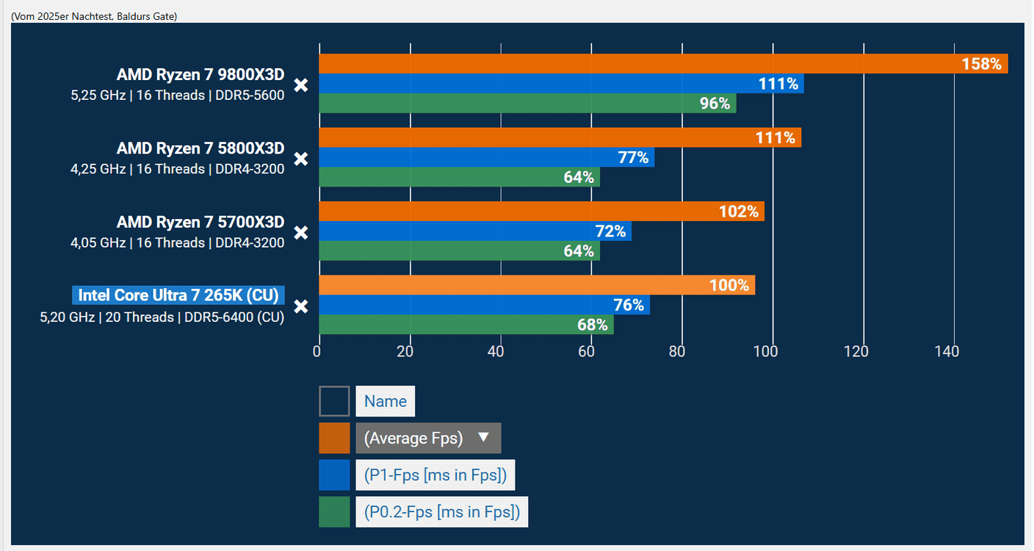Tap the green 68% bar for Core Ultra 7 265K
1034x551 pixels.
(466, 325)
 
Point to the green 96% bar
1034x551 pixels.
(527, 104)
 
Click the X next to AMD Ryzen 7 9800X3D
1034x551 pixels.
(300, 85)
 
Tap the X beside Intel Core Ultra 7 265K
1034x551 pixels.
(300, 306)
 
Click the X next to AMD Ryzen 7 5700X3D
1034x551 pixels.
(300, 233)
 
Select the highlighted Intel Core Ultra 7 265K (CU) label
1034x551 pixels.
(178, 295)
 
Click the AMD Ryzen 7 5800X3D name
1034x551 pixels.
(200, 148)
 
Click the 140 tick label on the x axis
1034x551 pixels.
(947, 352)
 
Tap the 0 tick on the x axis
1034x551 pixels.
(317, 352)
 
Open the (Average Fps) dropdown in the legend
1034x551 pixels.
(428, 438)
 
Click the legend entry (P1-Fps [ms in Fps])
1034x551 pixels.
(435, 475)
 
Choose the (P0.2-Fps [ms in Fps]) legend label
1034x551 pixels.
(442, 511)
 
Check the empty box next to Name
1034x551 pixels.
(334, 401)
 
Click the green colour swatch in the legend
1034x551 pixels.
(334, 511)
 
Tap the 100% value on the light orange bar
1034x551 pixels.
(728, 285)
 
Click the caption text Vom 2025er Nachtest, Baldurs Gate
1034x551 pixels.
(94, 15)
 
